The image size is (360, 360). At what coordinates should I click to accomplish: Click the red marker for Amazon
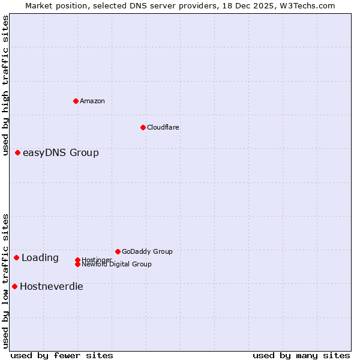[x=76, y=101]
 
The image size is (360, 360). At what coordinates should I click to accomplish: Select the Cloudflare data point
[x=143, y=127]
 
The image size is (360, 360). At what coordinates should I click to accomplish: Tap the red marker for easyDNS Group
[x=18, y=153]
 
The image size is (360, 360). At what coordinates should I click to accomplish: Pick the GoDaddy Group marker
[x=118, y=251]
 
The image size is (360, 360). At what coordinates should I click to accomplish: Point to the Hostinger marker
[x=77, y=260]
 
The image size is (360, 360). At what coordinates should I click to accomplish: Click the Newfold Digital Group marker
[x=77, y=265]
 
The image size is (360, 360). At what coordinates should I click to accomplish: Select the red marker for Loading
[x=17, y=258]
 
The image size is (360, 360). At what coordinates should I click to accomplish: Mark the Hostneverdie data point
[x=14, y=287]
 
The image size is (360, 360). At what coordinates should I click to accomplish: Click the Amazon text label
[x=92, y=101]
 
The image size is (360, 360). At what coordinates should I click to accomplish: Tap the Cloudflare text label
[x=163, y=127]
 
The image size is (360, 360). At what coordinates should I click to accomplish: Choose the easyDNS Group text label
[x=61, y=153]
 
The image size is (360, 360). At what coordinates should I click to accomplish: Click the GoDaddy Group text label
[x=147, y=251]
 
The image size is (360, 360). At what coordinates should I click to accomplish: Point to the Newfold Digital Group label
[x=116, y=265]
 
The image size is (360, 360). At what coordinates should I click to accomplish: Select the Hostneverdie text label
[x=52, y=287]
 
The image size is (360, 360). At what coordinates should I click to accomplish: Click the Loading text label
[x=40, y=258]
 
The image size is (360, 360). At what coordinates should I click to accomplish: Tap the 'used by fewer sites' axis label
[x=62, y=355]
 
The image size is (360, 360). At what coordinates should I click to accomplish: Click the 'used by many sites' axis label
[x=301, y=355]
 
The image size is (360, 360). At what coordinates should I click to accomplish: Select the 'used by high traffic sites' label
[x=6, y=86]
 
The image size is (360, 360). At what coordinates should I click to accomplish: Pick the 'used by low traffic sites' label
[x=6, y=281]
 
